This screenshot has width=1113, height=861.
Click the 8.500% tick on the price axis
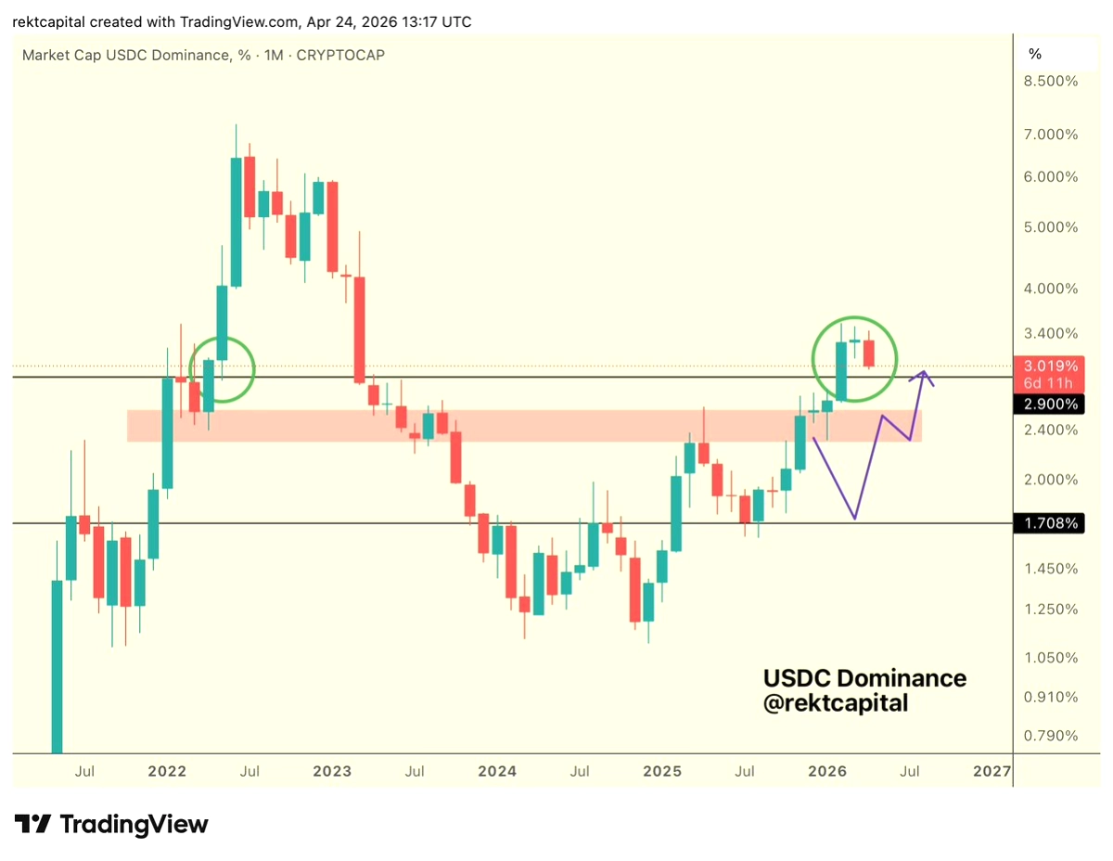(x=1052, y=81)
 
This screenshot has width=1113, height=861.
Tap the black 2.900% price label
(x=1052, y=405)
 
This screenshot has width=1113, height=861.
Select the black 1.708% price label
(x=1052, y=523)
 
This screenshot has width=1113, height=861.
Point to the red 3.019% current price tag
(x=1052, y=366)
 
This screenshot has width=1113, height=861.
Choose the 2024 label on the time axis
(x=498, y=771)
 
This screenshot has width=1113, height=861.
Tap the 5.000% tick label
(x=1052, y=227)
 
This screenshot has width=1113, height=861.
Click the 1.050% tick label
(x=1052, y=658)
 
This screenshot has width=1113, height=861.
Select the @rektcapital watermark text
(x=835, y=704)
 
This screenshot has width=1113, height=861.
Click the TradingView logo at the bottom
(x=111, y=824)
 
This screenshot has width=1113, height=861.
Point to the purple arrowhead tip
(x=924, y=372)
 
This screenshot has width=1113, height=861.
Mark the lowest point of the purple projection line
(x=854, y=519)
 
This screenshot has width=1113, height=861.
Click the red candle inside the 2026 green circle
(x=869, y=353)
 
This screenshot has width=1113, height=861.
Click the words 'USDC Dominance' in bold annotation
(x=864, y=678)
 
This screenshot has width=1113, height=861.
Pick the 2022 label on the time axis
(x=168, y=771)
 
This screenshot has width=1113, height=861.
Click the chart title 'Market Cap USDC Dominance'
(x=126, y=55)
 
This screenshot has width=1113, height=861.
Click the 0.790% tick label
(x=1052, y=736)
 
